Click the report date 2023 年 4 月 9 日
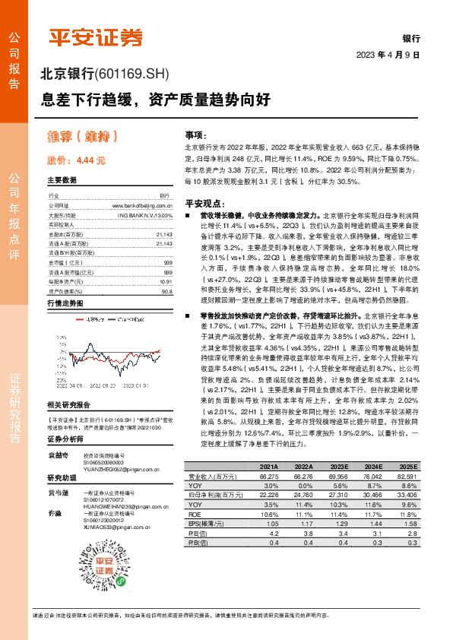tap(388, 55)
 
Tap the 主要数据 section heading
tap(62, 181)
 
